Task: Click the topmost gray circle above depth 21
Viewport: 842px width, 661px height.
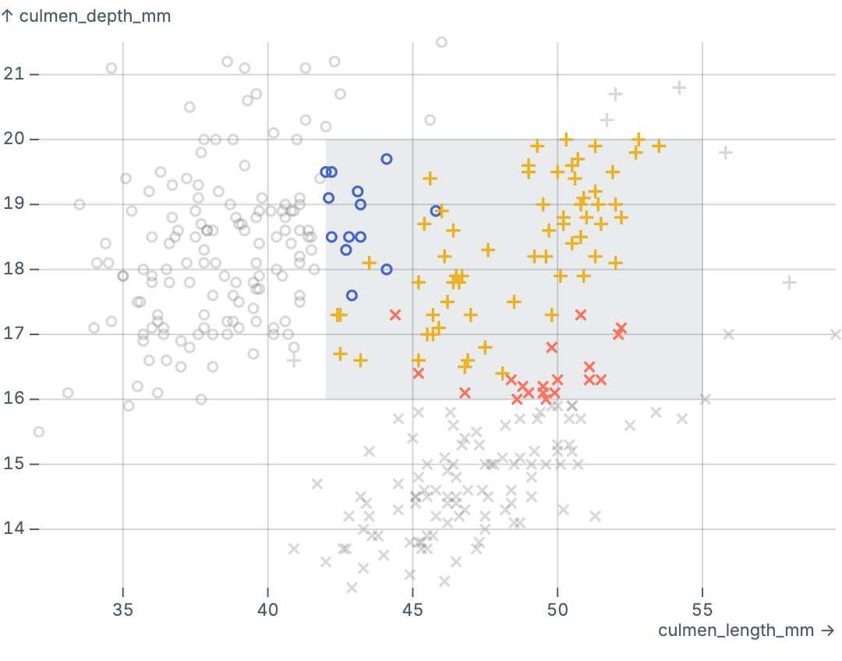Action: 441,42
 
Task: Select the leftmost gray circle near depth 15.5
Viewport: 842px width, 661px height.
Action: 39,432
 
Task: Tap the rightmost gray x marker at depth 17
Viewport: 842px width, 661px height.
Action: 835,334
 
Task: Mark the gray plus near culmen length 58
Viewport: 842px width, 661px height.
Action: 789,282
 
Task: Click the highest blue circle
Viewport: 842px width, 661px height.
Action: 387,159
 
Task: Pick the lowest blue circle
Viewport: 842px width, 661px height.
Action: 352,295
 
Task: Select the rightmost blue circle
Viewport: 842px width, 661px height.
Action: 436,210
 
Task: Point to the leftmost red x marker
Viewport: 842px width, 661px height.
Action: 395,315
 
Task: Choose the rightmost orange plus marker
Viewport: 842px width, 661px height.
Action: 659,146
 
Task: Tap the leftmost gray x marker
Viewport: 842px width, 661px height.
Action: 294,549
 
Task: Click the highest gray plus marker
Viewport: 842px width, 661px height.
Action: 679,87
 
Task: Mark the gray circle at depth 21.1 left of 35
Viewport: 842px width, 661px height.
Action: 111,69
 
